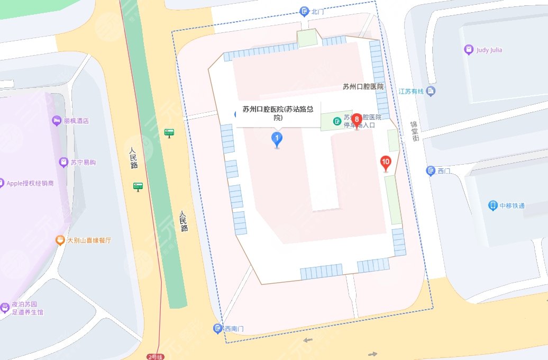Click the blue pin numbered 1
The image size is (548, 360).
(276, 139)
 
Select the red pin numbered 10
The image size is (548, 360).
(386, 163)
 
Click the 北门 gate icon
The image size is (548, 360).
(304, 11)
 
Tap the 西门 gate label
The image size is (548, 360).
(444, 170)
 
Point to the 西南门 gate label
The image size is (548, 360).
(233, 329)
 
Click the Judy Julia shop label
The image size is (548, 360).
(489, 50)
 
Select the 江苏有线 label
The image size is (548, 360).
(412, 91)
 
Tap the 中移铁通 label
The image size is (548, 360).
(512, 205)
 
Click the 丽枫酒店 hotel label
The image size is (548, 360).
(76, 121)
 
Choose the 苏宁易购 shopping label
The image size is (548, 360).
(83, 163)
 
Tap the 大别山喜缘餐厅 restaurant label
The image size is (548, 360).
(89, 240)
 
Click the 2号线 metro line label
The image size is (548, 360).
(156, 356)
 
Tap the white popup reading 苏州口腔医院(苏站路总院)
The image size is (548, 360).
(278, 114)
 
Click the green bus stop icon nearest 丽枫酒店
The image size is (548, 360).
(169, 132)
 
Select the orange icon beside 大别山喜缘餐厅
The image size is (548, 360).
(60, 240)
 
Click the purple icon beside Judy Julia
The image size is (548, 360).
(468, 50)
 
